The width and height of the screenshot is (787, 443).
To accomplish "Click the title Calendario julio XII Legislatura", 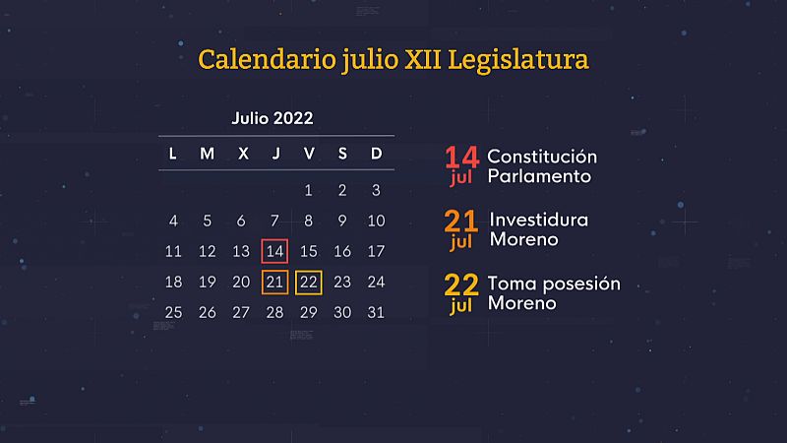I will point(393,59).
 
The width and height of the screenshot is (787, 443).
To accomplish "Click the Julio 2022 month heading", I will point(272,119).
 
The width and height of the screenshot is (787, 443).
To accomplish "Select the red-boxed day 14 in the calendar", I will point(275,251).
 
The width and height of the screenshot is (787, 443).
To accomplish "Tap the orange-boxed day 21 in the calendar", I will point(275,283).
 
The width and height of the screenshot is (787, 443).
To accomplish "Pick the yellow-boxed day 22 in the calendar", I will point(309,283).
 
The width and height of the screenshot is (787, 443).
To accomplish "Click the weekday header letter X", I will point(241,154).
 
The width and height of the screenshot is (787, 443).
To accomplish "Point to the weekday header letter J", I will point(275,154).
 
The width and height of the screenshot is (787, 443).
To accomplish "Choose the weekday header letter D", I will point(376,154).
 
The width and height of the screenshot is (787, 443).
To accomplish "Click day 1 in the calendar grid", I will point(309,191).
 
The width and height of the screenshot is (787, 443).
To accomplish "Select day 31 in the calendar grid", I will point(376,313).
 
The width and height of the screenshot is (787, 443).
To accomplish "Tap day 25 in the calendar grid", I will point(173,313).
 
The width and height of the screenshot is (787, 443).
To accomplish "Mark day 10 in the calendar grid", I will point(376,221).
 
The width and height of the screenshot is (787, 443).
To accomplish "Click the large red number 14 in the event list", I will point(461,157).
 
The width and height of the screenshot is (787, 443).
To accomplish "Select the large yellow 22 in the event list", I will point(461,285).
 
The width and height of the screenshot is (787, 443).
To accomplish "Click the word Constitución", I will point(542,158).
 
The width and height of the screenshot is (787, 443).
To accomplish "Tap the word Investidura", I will point(539,220).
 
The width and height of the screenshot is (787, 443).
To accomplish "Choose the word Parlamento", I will point(539,177).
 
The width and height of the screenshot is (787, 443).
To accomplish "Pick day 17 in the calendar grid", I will point(376,252).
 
